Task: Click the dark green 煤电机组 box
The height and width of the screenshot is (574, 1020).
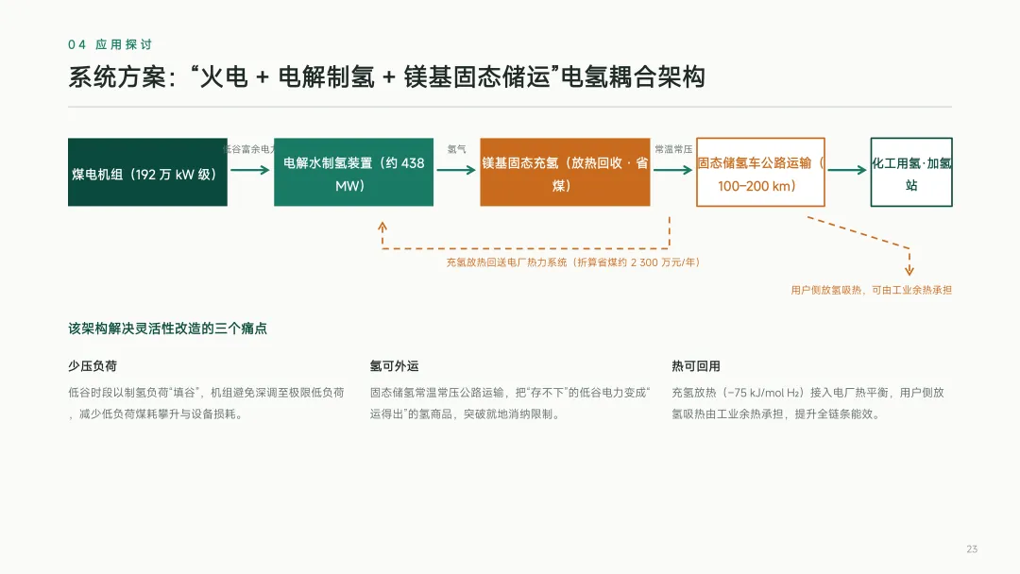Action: click(x=147, y=172)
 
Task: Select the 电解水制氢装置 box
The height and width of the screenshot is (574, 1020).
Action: click(x=353, y=172)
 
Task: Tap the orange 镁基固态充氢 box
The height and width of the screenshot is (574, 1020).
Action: click(x=565, y=172)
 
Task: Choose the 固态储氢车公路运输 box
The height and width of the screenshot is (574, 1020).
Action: click(x=760, y=172)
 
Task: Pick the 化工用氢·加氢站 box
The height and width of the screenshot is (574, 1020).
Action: click(x=911, y=172)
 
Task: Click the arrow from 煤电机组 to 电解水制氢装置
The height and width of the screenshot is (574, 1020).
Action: click(x=249, y=170)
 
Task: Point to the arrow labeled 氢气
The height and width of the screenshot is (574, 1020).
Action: click(x=456, y=170)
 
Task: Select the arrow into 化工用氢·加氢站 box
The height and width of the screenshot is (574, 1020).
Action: click(x=847, y=170)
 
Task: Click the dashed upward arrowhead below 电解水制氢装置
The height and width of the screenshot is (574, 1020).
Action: click(x=382, y=227)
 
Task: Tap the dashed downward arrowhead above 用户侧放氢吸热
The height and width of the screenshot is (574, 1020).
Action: click(x=909, y=270)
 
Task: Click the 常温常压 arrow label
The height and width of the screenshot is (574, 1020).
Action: click(x=673, y=149)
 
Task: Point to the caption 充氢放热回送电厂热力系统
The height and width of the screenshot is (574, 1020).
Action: click(x=507, y=262)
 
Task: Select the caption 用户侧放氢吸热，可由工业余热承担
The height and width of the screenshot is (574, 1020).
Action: click(x=871, y=290)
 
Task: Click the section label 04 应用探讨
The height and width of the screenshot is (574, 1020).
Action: click(x=110, y=44)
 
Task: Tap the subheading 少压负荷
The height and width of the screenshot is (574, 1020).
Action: click(x=93, y=366)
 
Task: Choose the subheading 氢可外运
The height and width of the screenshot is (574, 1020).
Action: click(x=394, y=366)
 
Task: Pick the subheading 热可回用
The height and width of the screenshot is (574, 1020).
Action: click(x=696, y=366)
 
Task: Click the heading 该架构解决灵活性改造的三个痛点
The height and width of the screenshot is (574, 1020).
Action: click(x=168, y=329)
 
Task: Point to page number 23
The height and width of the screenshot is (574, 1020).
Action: click(x=972, y=549)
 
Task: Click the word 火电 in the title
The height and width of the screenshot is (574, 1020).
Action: click(x=224, y=76)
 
